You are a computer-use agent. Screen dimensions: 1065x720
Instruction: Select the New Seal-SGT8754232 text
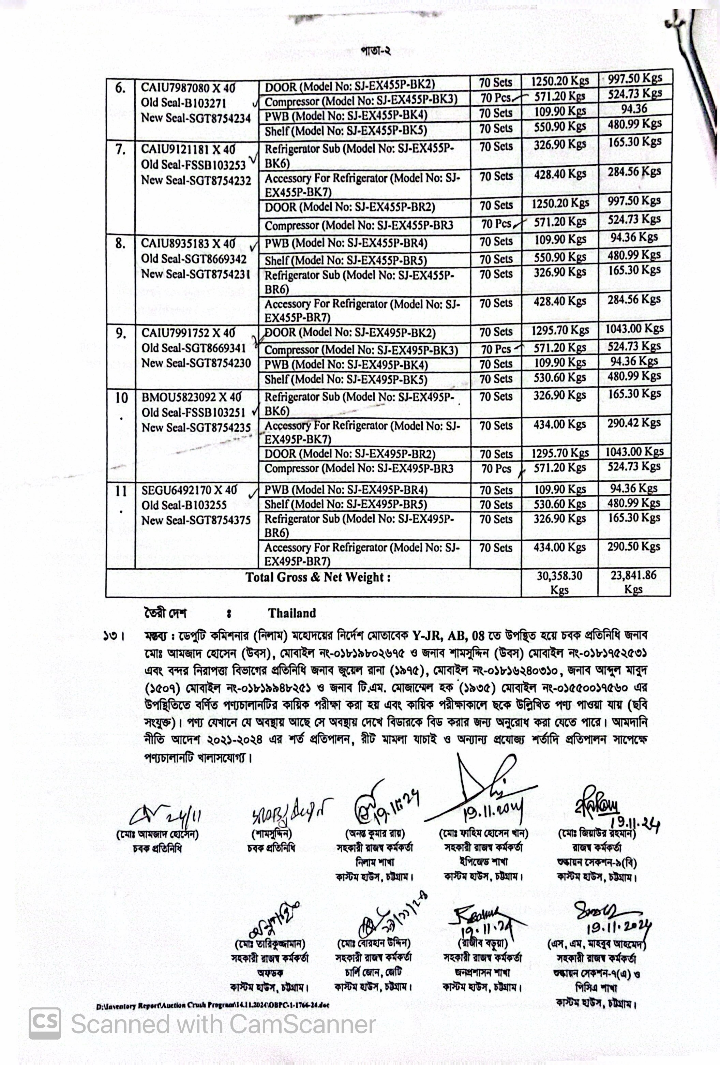tap(196, 180)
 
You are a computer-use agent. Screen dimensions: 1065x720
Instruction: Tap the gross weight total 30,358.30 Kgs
tap(559, 582)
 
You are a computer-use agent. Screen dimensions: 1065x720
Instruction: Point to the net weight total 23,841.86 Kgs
tap(633, 582)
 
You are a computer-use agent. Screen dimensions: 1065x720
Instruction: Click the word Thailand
tap(292, 613)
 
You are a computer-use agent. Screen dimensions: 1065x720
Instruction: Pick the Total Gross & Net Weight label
tap(318, 577)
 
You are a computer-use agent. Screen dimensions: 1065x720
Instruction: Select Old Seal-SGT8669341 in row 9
tap(193, 348)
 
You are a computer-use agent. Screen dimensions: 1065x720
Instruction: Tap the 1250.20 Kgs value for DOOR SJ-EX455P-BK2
tap(559, 81)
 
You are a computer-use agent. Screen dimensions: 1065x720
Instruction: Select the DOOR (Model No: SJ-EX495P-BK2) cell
tap(350, 333)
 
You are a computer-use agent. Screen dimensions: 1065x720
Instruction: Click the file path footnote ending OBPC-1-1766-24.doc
tap(213, 1006)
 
